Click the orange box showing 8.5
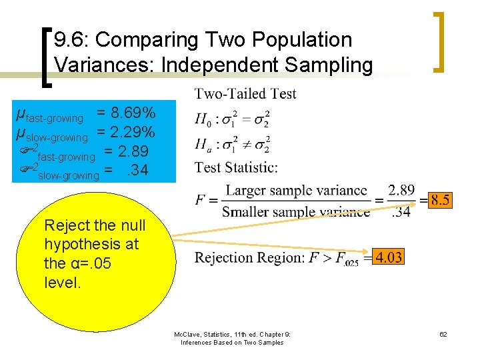tap(440, 199)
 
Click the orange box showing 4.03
tap(389, 257)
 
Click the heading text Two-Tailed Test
tap(245, 94)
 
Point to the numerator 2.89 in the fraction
tap(401, 190)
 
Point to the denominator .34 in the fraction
tap(401, 213)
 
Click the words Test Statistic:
tap(237, 167)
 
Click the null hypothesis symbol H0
tap(203, 120)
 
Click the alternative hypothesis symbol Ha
tap(203, 143)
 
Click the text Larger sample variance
tap(296, 190)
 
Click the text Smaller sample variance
tap(296, 213)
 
